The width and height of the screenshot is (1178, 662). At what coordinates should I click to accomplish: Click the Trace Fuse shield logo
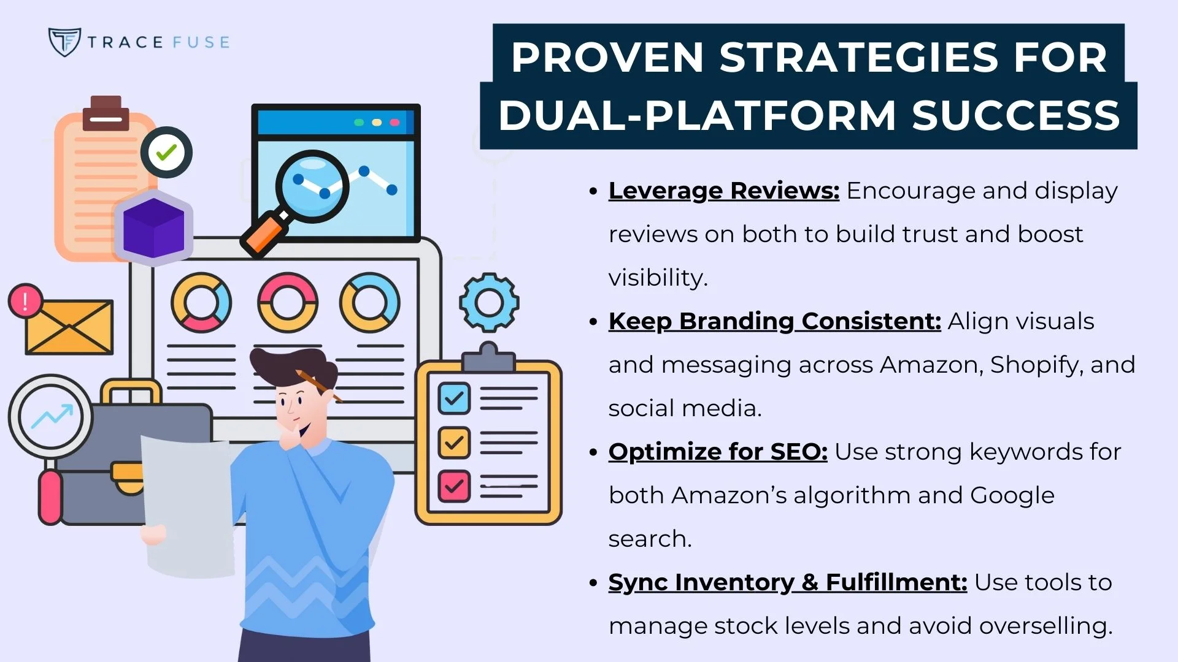[x=64, y=42]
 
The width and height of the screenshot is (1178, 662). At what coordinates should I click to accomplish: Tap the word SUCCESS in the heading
[x=1016, y=115]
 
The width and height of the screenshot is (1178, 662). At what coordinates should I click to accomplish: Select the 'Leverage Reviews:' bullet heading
[x=723, y=191]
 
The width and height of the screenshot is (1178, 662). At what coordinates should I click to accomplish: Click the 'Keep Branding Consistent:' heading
[x=774, y=321]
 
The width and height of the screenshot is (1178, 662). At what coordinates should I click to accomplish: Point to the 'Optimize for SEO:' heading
[x=717, y=452]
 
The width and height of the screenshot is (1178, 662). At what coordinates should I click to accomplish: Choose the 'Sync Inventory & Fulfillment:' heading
[x=787, y=582]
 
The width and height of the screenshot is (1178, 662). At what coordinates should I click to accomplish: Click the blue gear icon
[x=489, y=303]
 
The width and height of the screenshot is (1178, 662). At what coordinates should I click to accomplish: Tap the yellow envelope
[x=69, y=327]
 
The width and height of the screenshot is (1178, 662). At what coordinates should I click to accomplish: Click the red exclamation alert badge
[x=25, y=301]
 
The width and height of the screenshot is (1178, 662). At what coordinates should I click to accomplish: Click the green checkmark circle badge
[x=166, y=152]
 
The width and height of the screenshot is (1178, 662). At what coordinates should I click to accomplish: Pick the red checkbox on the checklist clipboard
[x=454, y=486]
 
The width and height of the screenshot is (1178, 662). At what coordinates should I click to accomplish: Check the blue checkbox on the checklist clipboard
[x=454, y=399]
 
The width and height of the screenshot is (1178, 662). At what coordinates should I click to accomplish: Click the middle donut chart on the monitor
[x=287, y=303]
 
